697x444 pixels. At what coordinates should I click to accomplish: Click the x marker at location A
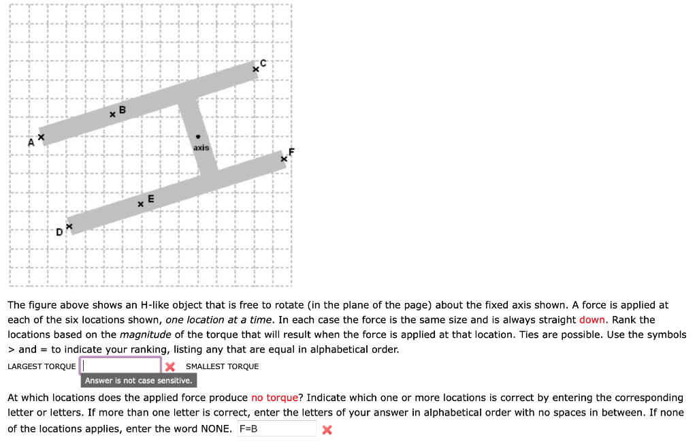[41, 138]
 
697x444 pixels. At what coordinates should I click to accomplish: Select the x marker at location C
[256, 69]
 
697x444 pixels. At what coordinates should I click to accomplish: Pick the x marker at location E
[141, 204]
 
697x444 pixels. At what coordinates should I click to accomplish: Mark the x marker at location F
[285, 159]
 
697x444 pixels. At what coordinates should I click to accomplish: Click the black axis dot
[199, 136]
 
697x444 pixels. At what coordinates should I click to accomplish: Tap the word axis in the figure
[201, 147]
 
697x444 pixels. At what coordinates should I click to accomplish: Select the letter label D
[60, 233]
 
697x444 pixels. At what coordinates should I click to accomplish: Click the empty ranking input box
[121, 366]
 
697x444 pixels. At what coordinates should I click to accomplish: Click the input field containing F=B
[276, 429]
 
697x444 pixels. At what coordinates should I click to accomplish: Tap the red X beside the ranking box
[170, 366]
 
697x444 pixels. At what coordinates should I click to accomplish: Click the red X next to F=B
[327, 430]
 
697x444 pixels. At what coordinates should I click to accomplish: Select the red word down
[592, 320]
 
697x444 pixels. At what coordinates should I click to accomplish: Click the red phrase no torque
[274, 398]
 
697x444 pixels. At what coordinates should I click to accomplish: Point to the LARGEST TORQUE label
[42, 366]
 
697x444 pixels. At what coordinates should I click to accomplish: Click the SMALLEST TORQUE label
[222, 366]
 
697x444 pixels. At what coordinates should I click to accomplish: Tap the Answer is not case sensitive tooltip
[138, 381]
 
